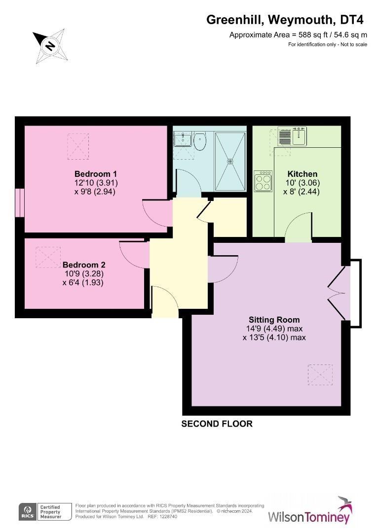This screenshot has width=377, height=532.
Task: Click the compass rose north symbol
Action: tap(49, 46)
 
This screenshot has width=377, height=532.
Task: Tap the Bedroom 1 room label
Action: tap(96, 174)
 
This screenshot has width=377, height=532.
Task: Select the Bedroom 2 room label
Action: tap(83, 264)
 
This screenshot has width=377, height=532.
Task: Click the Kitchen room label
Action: tap(302, 174)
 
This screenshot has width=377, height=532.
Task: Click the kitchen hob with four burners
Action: tap(263, 181)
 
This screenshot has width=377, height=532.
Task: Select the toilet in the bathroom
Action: tap(200, 141)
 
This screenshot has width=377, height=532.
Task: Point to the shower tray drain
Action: tap(230, 161)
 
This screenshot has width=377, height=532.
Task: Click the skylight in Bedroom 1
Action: tap(78, 146)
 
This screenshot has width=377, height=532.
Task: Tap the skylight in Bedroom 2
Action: tap(48, 257)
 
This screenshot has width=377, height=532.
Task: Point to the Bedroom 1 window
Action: tap(19, 202)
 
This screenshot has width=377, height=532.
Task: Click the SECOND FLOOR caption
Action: tap(217, 424)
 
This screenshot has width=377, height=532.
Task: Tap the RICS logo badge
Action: tap(26, 512)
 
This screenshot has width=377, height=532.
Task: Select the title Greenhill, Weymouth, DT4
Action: tap(285, 20)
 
